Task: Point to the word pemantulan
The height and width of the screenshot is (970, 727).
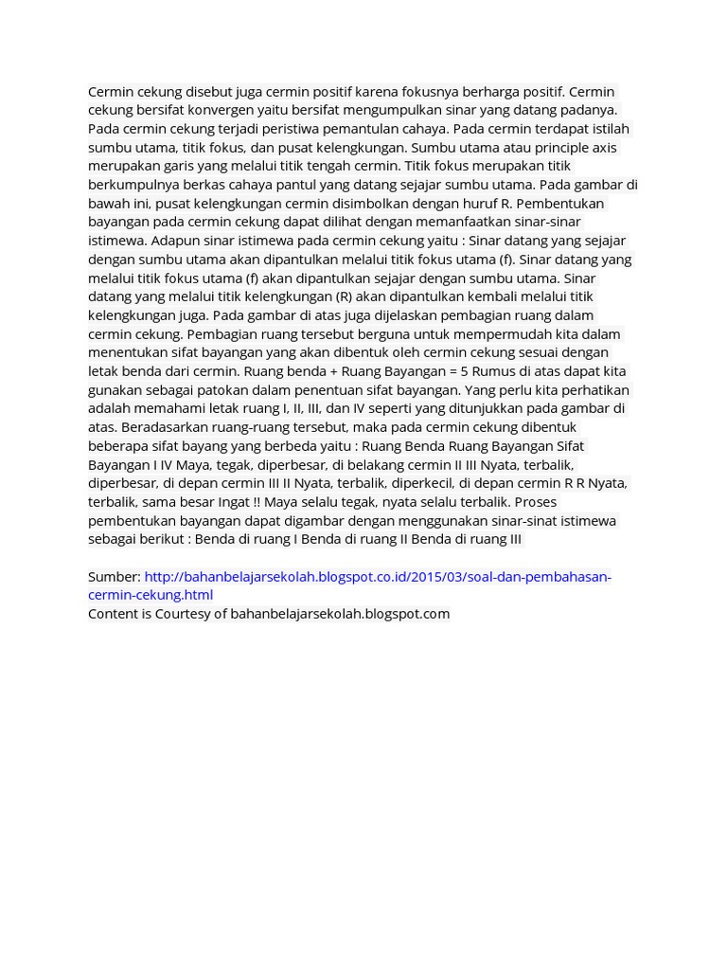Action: point(360,129)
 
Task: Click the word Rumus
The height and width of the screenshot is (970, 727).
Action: point(492,370)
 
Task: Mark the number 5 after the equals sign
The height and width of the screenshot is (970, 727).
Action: point(465,370)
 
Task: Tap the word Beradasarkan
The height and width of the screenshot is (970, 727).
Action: point(166,426)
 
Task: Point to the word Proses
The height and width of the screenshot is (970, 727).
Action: point(535,501)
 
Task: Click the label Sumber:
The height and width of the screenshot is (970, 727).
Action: point(114,576)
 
